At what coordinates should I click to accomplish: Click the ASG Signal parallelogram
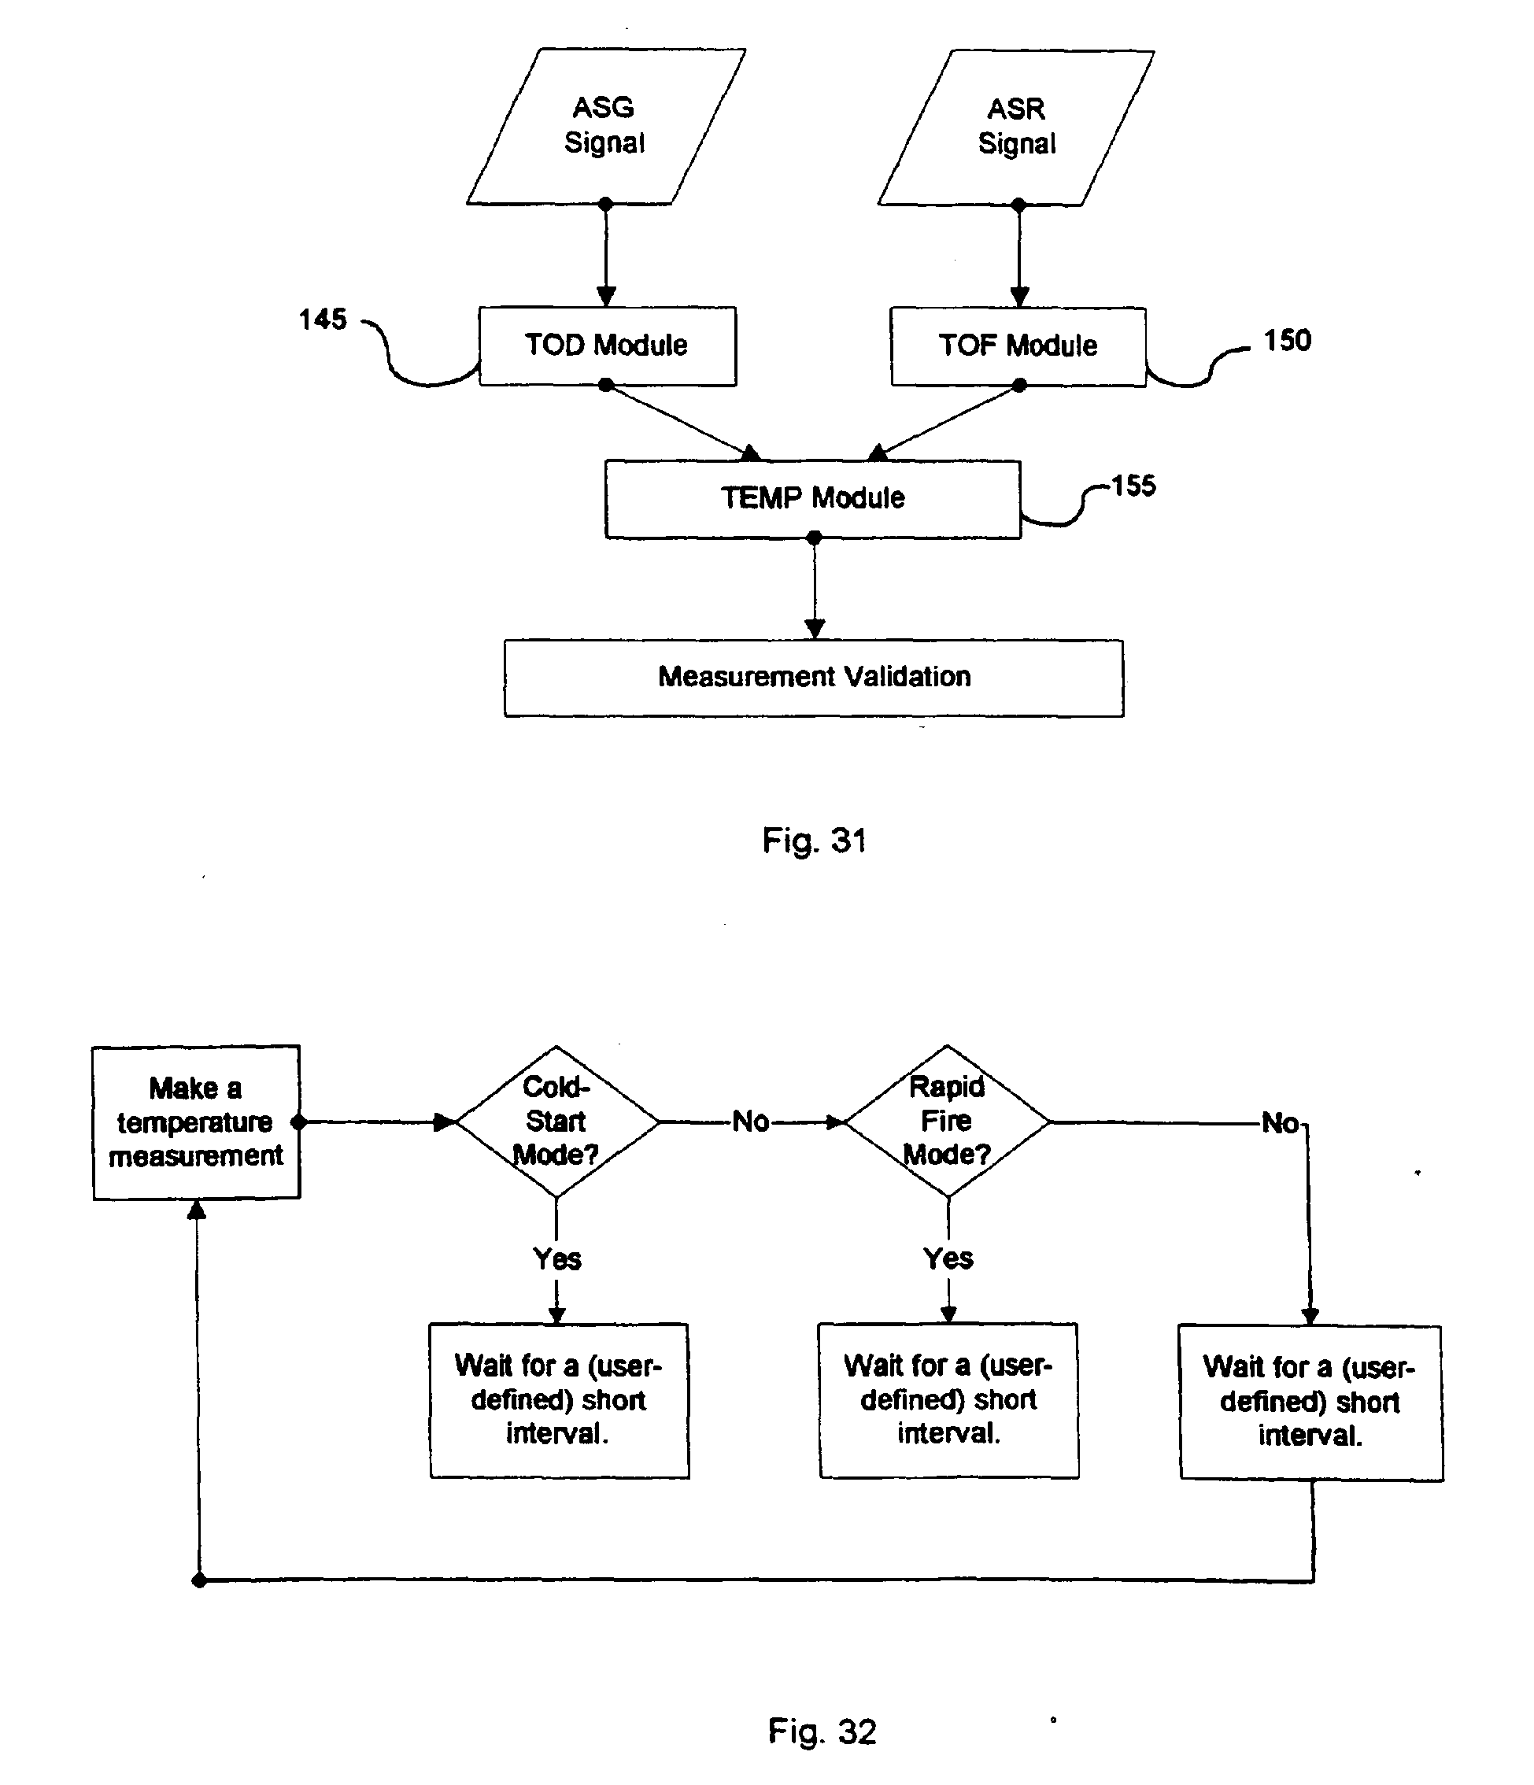[x=605, y=126]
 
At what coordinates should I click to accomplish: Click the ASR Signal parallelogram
[x=1016, y=127]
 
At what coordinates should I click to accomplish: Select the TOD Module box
[x=608, y=346]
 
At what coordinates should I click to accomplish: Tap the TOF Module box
[x=1018, y=346]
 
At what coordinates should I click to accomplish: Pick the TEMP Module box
[x=812, y=499]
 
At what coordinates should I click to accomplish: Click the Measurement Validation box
[x=813, y=677]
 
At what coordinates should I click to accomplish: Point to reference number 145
[x=322, y=320]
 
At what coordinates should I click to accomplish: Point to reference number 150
[x=1287, y=340]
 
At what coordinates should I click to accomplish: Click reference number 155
[x=1133, y=486]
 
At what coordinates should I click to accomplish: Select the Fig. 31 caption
[x=814, y=840]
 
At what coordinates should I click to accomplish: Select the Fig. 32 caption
[x=822, y=1731]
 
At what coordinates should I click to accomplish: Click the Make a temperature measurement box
[x=197, y=1122]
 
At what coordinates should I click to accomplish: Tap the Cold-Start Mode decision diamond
[x=556, y=1121]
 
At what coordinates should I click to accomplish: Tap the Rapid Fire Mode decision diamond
[x=948, y=1121]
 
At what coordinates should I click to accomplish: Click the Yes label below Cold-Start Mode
[x=557, y=1259]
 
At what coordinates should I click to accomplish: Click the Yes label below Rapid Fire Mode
[x=948, y=1258]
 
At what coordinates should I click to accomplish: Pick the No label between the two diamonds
[x=750, y=1122]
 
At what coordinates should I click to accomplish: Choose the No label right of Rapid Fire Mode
[x=1280, y=1123]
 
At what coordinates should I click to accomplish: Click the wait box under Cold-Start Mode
[x=559, y=1400]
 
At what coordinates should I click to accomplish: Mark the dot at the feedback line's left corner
[x=199, y=1581]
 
